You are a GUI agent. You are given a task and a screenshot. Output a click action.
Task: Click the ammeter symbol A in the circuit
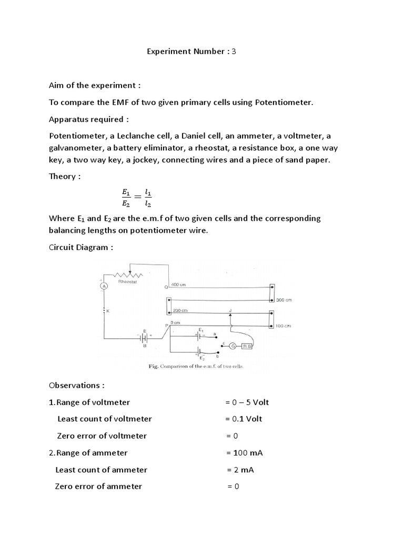[104, 286]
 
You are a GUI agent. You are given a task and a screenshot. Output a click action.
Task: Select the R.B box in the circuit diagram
[248, 346]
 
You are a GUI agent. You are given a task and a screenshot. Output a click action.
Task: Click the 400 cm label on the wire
[179, 285]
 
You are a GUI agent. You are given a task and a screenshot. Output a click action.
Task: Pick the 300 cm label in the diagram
[284, 300]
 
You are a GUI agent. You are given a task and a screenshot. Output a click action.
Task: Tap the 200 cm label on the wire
[180, 311]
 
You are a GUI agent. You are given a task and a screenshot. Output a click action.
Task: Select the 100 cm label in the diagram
[284, 326]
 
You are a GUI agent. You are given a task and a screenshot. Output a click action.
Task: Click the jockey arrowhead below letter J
[230, 317]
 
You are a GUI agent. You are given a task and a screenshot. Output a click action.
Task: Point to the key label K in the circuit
[108, 311]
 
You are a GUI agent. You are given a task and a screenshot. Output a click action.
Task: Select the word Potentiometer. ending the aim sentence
[284, 102]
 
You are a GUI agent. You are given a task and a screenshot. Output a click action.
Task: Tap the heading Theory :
[65, 177]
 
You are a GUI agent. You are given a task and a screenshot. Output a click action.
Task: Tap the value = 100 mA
[244, 452]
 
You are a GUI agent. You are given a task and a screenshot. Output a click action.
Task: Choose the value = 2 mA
[240, 470]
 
